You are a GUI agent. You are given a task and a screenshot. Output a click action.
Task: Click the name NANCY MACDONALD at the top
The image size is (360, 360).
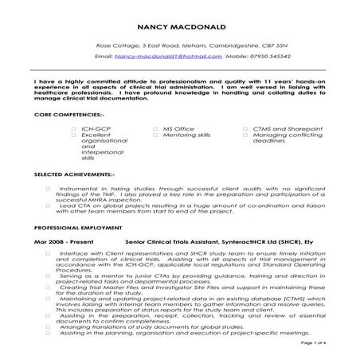pyautogui.click(x=179, y=26)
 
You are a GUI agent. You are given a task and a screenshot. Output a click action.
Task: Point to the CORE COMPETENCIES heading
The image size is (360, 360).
pyautogui.click(x=63, y=115)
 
